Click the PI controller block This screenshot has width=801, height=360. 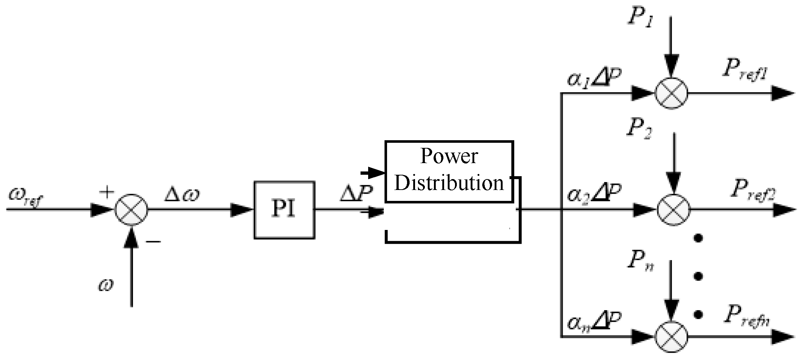(x=284, y=210)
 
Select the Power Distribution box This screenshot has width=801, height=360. (x=449, y=171)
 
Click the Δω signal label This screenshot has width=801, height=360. (x=182, y=195)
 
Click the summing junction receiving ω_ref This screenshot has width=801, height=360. (x=131, y=210)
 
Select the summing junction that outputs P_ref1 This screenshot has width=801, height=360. (x=671, y=93)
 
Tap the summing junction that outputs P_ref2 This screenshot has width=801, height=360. (x=673, y=210)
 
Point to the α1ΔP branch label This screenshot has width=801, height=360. (x=594, y=79)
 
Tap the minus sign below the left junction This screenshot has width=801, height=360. (x=154, y=241)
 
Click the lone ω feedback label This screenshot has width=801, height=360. (x=105, y=285)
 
